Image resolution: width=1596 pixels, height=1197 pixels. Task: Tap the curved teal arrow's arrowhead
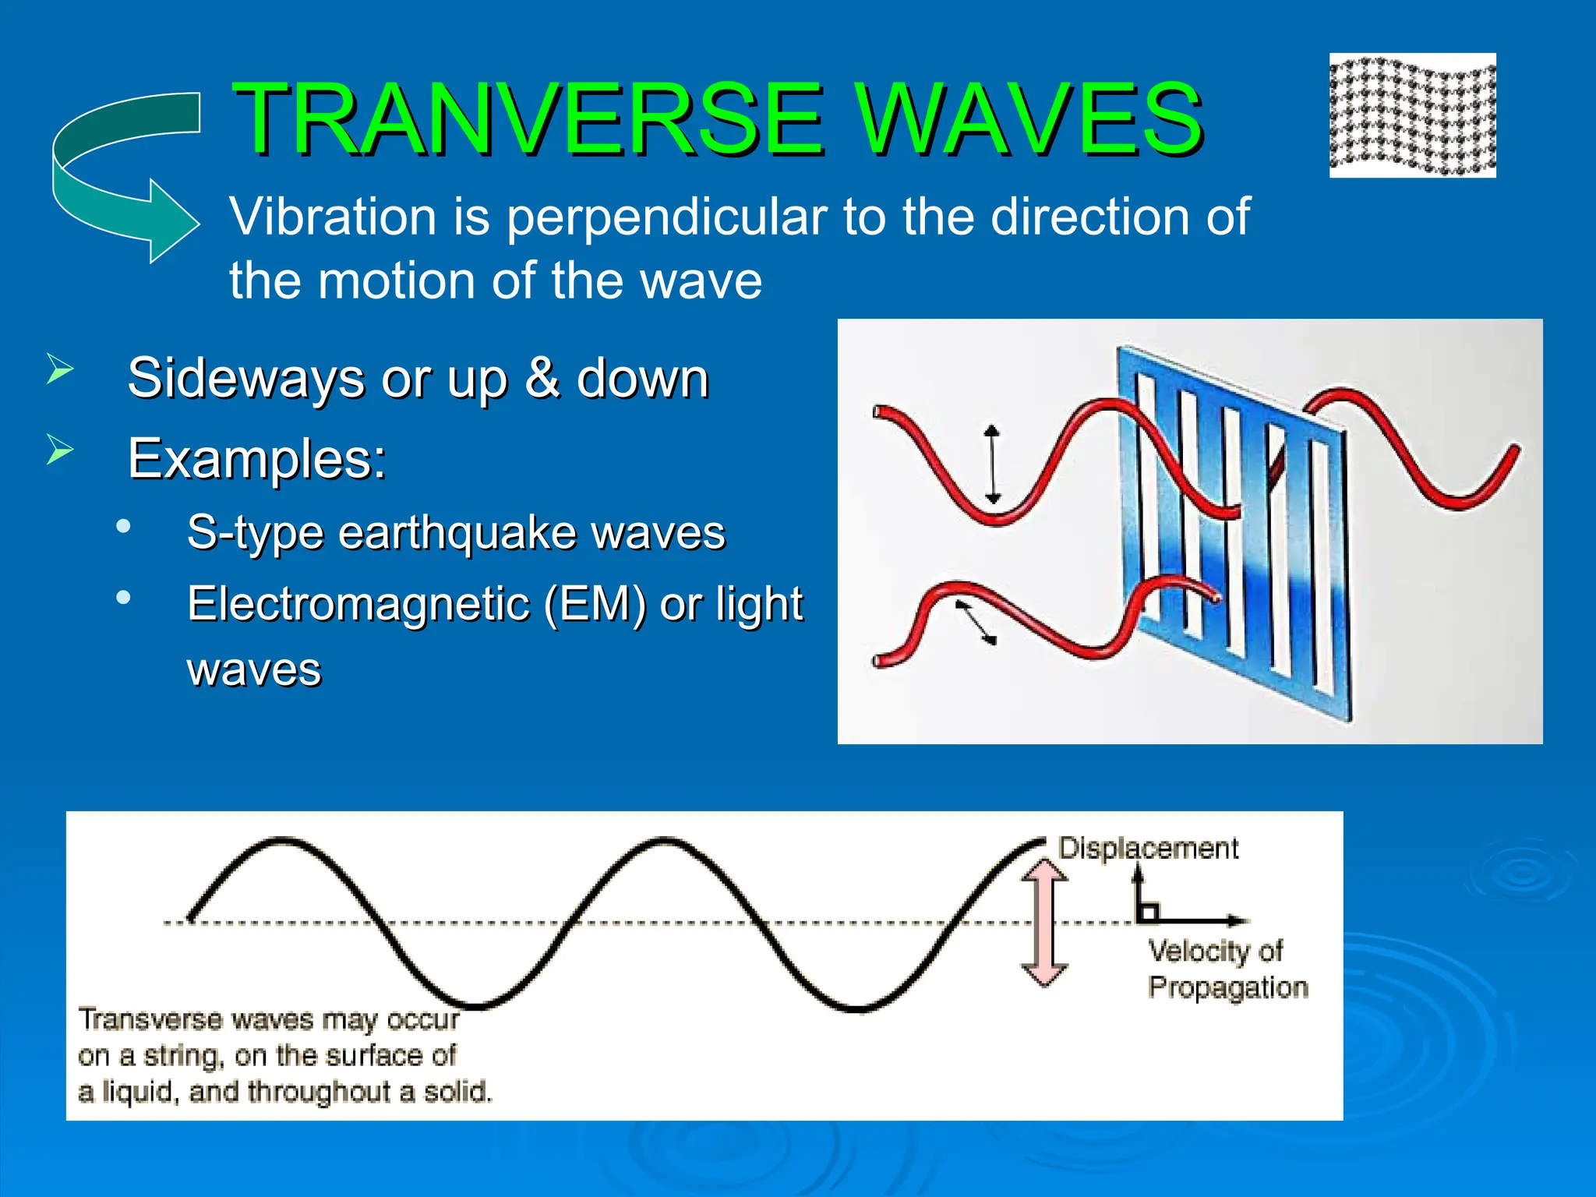coord(173,222)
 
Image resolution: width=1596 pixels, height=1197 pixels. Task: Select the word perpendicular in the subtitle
coord(666,217)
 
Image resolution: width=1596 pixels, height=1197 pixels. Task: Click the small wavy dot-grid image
coord(1412,115)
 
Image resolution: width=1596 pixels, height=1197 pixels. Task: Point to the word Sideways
coord(246,379)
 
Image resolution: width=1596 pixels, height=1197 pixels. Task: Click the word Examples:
coord(257,459)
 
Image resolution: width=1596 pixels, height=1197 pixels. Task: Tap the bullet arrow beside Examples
coord(59,450)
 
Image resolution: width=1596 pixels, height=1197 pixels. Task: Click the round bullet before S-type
coord(123,527)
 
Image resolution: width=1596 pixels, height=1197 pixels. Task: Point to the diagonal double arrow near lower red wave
coord(976,622)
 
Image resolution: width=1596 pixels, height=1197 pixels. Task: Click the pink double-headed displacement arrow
coord(1043,923)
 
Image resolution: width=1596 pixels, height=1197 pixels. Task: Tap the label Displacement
coord(1148,848)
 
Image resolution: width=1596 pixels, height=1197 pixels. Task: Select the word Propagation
coord(1228,987)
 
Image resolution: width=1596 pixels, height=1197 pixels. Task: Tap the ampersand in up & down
coord(542,379)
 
